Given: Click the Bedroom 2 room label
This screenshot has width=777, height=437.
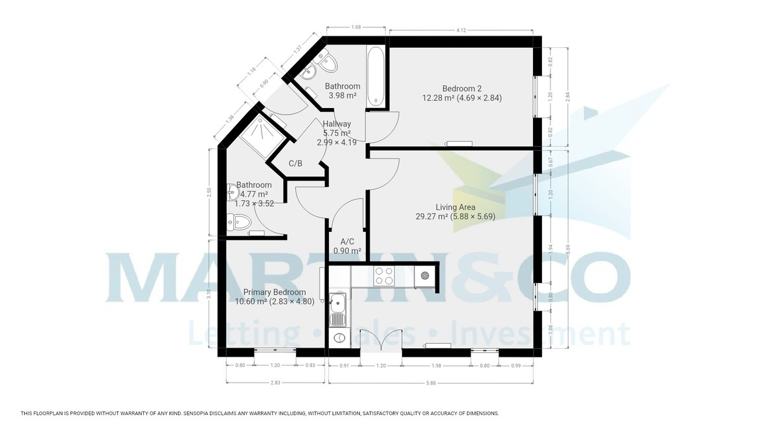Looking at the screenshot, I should pyautogui.click(x=462, y=89).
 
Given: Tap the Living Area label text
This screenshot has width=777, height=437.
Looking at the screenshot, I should pyautogui.click(x=455, y=208).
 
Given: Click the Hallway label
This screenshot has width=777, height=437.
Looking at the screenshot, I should pyautogui.click(x=337, y=124).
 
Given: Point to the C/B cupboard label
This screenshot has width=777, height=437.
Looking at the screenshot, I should pyautogui.click(x=295, y=164).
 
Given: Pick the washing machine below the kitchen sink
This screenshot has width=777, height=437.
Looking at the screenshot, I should pyautogui.click(x=337, y=337).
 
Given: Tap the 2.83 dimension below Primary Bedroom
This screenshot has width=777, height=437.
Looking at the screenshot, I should pyautogui.click(x=276, y=383).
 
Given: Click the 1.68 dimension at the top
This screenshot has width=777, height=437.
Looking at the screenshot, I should pyautogui.click(x=355, y=27).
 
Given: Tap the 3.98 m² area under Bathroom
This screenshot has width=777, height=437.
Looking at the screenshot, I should pyautogui.click(x=343, y=95).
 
